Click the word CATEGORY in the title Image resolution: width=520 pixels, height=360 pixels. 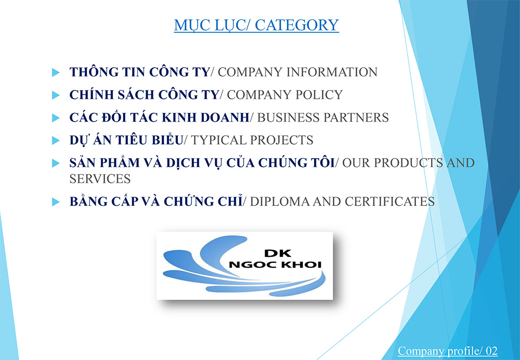point(297,25)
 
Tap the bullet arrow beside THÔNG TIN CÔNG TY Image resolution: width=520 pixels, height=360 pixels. point(56,72)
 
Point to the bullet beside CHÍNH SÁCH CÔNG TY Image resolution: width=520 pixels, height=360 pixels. point(56,95)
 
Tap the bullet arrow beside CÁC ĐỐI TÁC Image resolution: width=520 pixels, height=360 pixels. point(56,118)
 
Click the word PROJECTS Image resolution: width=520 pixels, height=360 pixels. point(280,140)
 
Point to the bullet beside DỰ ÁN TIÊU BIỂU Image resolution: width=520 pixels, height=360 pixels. point(56,140)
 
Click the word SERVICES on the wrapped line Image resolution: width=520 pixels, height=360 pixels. point(100,179)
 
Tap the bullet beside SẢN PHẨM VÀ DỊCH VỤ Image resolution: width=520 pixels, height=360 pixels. point(56,163)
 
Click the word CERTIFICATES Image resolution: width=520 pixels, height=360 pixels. point(389,201)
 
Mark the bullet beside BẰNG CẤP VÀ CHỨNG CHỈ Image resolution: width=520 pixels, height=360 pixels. point(56,202)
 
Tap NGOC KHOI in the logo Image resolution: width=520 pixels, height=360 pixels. point(275,265)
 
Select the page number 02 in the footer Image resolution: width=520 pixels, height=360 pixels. point(492,351)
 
